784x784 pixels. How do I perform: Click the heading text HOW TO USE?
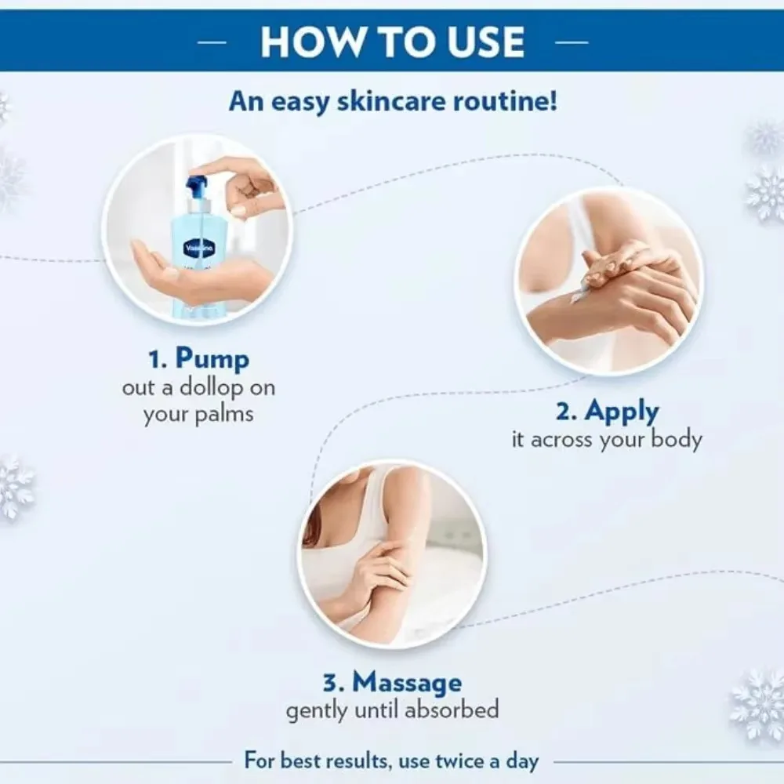click(x=392, y=41)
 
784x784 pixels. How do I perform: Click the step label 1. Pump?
click(x=198, y=358)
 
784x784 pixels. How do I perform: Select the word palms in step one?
click(x=227, y=414)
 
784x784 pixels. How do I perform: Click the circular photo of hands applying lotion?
click(x=608, y=281)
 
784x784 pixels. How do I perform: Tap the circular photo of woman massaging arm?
click(x=392, y=553)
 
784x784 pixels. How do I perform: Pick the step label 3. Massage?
click(x=392, y=681)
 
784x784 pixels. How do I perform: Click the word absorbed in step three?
click(x=452, y=710)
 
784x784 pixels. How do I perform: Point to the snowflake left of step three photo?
click(x=14, y=486)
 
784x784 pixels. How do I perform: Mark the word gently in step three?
click(x=318, y=710)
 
